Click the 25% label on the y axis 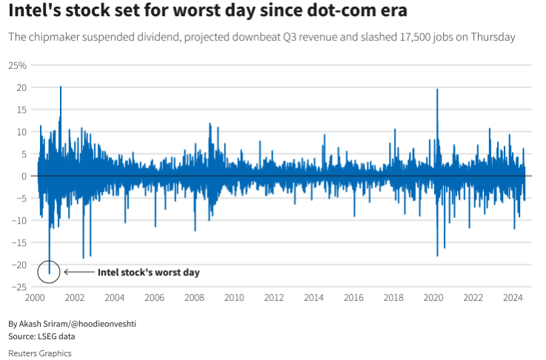(17, 65)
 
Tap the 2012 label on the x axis (273, 298)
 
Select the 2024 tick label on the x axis (513, 298)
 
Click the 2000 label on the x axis (35, 298)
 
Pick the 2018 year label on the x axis (393, 298)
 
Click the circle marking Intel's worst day (50, 273)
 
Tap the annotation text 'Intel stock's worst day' (148, 273)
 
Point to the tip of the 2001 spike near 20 (61, 87)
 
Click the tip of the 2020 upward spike (437, 90)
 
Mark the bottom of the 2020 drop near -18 (437, 256)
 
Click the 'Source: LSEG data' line (41, 336)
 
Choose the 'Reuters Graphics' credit (39, 353)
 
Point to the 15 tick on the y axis (21, 110)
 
